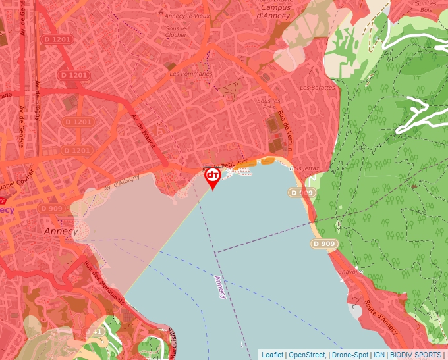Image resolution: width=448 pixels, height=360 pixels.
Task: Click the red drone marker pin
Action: coord(213,178)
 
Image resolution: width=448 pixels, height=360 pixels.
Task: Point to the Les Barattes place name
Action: coord(317,87)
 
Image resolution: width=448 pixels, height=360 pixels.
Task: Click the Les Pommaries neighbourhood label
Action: coord(191,74)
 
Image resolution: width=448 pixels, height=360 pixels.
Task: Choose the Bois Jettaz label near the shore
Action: coord(304,168)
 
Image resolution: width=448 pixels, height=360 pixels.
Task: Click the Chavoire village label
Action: coord(350,271)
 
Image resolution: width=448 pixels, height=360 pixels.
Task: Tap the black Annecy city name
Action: coord(61,232)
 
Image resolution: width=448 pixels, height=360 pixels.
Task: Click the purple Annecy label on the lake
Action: coord(221,287)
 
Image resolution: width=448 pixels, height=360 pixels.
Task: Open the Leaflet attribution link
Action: coord(273,355)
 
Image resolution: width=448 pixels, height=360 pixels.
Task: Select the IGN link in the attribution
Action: coord(379,355)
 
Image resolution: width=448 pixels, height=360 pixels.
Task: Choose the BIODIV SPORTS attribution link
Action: coord(416,355)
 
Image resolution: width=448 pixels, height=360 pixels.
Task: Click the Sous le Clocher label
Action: coord(176,32)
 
